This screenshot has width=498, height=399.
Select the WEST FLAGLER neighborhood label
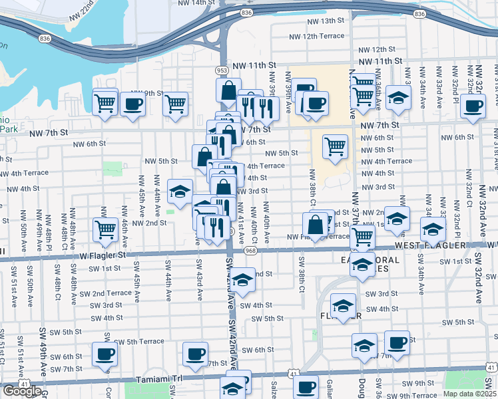[x=433, y=246]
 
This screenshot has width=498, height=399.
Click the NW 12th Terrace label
[x=316, y=36]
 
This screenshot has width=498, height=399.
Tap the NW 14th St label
[x=199, y=3]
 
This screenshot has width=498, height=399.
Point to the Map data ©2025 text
[x=470, y=393]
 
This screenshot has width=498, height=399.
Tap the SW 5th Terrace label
[x=140, y=341]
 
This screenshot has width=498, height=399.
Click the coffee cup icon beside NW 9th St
[x=132, y=104]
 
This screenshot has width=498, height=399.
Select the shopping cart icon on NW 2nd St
[x=107, y=229]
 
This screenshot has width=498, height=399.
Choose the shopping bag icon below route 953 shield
[x=228, y=90]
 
